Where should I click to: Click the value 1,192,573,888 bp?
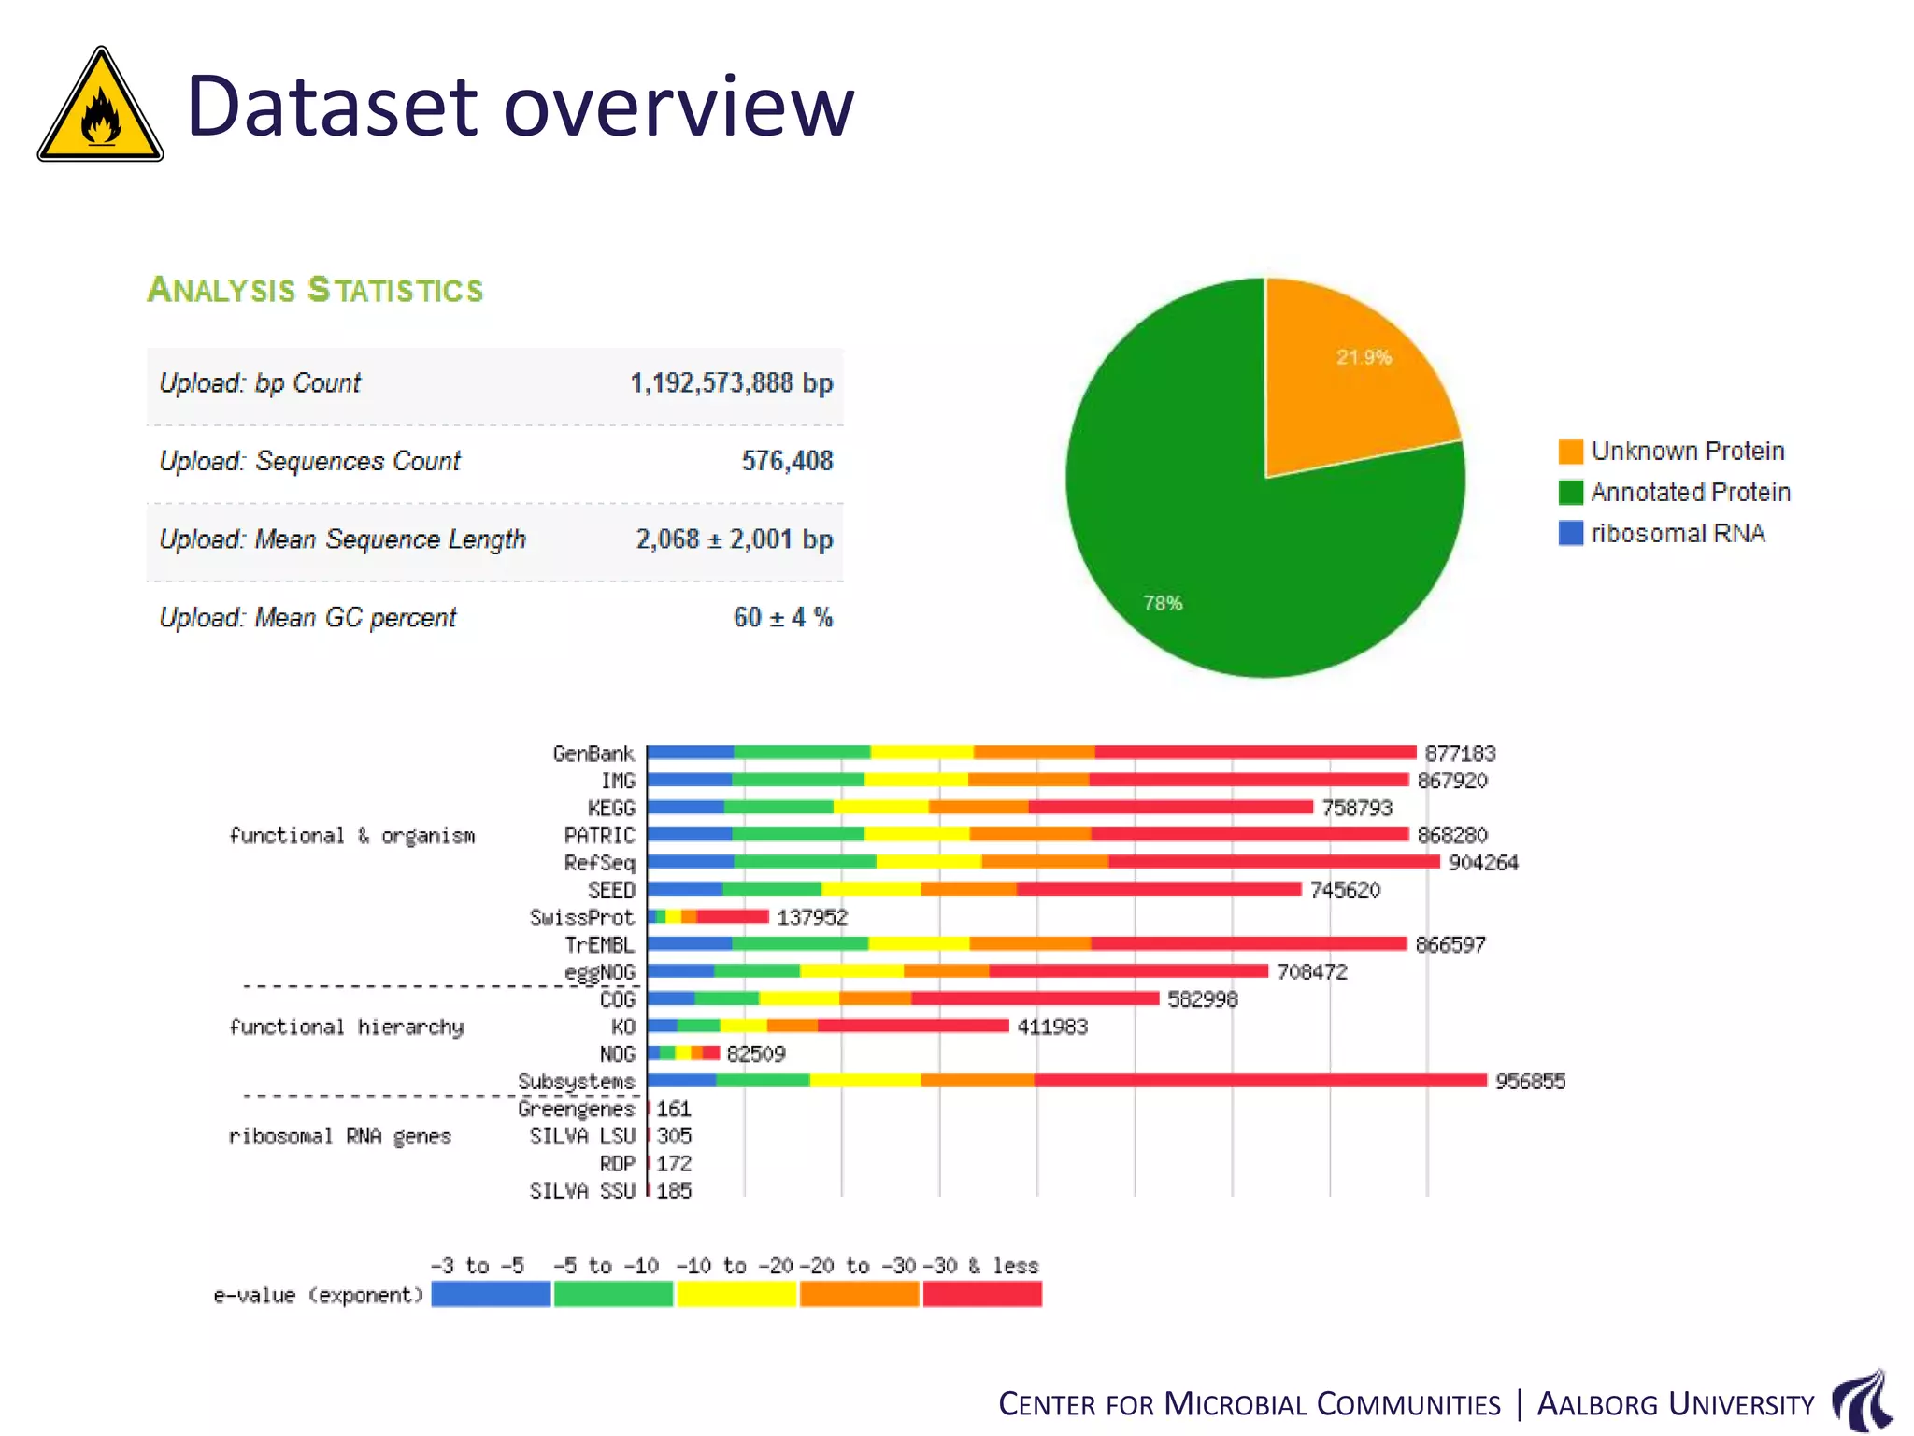(731, 383)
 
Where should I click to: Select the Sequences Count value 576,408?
(787, 461)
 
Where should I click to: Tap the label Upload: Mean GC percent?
(307, 618)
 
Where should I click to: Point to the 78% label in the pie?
(1163, 604)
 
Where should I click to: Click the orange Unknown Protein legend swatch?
(1570, 452)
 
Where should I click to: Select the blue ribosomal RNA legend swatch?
(1570, 534)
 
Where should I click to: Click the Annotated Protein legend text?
(1690, 493)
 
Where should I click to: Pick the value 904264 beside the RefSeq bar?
(1483, 863)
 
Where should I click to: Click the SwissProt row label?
(581, 917)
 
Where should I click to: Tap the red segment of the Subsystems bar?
(1259, 1081)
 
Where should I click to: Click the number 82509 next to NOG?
(755, 1055)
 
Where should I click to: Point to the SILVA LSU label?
(581, 1137)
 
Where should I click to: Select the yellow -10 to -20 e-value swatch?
(736, 1294)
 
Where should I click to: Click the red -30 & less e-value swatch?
(982, 1294)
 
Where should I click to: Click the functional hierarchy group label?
(346, 1027)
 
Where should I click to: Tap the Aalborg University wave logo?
(1862, 1400)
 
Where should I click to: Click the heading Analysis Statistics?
(315, 290)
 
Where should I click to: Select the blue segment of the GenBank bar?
(690, 753)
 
